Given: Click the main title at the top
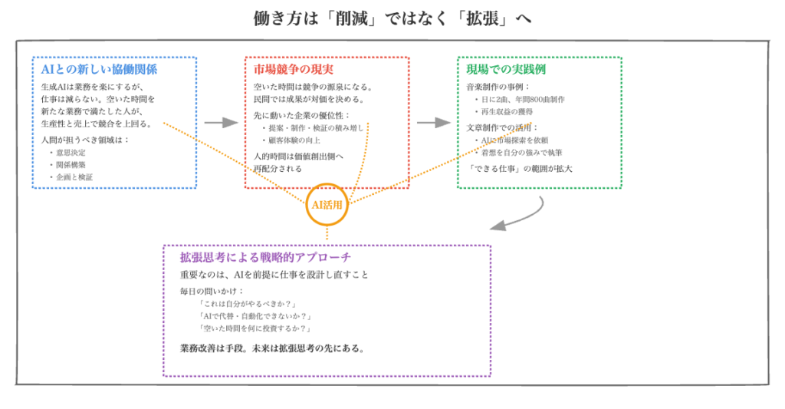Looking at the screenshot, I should click(x=392, y=18).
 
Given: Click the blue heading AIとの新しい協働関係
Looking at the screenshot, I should click(x=99, y=70).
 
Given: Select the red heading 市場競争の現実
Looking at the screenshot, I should click(x=291, y=70).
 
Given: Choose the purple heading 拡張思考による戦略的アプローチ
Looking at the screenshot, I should click(x=265, y=257).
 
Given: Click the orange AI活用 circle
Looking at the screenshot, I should click(x=327, y=205).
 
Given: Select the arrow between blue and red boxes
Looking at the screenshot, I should click(x=221, y=123).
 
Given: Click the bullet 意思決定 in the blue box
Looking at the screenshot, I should click(x=70, y=152).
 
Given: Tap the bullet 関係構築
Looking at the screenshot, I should click(x=70, y=164).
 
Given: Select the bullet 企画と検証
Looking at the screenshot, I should click(x=73, y=176).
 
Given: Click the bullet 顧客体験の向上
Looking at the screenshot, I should click(x=294, y=140).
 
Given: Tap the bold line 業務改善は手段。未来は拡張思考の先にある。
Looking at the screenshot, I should click(x=273, y=348).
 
